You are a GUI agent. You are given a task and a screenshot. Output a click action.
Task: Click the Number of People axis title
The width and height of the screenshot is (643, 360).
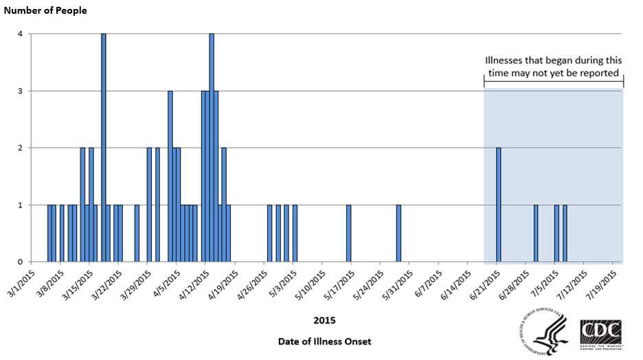tap(44, 11)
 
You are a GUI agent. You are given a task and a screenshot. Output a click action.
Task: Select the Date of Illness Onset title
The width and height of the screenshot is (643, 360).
tap(325, 341)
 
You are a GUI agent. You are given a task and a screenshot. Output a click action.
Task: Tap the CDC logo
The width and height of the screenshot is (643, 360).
tap(602, 335)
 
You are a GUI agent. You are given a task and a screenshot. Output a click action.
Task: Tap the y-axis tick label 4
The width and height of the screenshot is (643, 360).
tap(21, 34)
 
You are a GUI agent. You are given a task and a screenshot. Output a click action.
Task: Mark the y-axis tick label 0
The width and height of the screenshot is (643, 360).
tap(21, 262)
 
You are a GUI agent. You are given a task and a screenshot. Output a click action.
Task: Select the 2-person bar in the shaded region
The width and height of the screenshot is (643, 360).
tap(499, 205)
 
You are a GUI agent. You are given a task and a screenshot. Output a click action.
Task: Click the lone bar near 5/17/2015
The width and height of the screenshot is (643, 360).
tap(349, 233)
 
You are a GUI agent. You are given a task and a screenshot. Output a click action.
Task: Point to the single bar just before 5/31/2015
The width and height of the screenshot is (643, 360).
tap(398, 233)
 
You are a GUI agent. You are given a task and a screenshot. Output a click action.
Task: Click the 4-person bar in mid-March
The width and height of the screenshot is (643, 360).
tap(104, 148)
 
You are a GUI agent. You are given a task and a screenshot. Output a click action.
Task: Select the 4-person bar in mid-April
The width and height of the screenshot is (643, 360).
tap(212, 148)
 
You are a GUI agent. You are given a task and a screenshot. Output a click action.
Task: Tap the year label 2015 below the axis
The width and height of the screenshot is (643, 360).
tap(324, 320)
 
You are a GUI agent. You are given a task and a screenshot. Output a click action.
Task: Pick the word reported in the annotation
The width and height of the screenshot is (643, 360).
tap(598, 73)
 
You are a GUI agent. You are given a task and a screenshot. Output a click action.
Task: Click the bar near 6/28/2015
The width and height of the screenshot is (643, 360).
tap(536, 233)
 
